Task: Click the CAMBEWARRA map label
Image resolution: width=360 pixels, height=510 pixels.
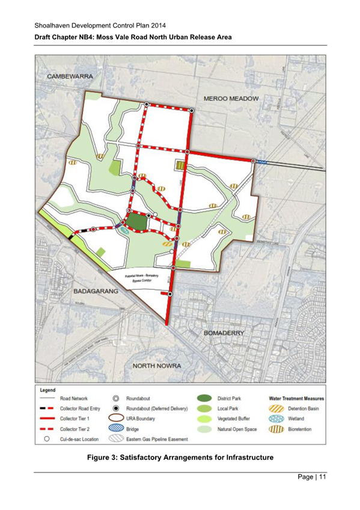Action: click(70, 78)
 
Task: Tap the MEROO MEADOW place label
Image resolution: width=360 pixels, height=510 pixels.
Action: click(231, 98)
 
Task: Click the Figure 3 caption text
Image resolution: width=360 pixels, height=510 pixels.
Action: click(180, 459)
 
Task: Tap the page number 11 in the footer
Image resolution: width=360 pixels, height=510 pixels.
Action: click(322, 478)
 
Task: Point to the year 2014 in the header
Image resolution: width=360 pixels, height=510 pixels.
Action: click(155, 25)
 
